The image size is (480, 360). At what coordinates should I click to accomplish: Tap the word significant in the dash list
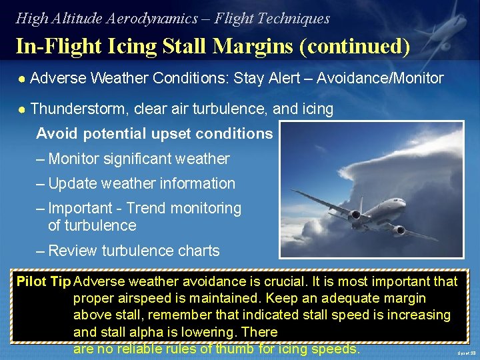(x=137, y=159)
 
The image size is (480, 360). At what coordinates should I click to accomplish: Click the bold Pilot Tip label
(x=43, y=281)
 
